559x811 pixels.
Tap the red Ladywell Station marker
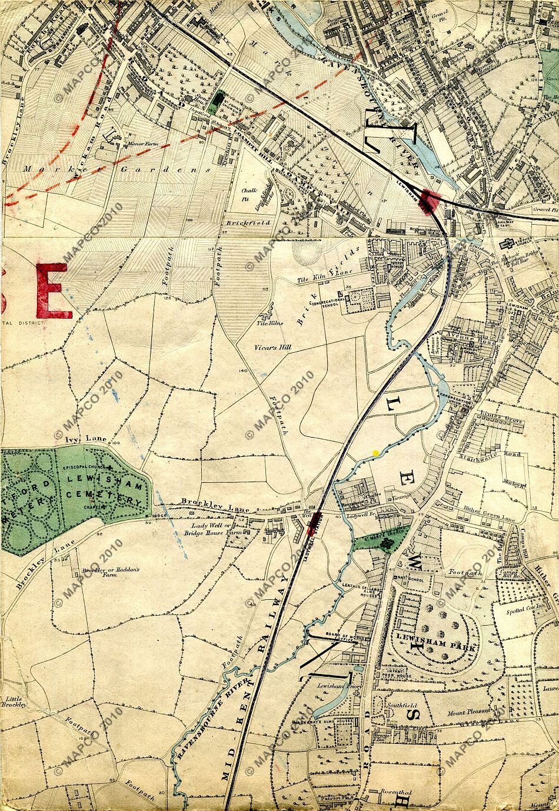(317, 521)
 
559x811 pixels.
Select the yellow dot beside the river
(375, 452)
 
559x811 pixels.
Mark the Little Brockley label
(13, 702)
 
